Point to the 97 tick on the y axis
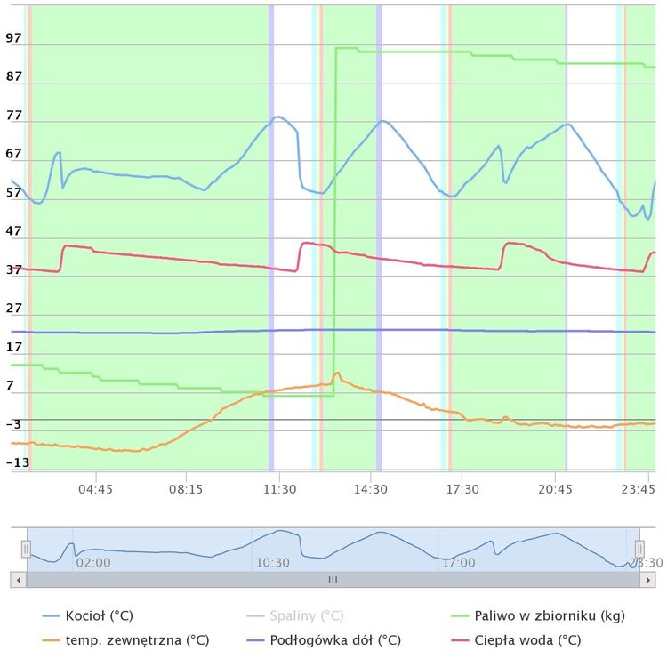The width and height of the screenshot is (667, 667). point(13,39)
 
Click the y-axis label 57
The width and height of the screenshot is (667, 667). point(13,193)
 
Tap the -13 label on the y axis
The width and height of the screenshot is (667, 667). point(17,462)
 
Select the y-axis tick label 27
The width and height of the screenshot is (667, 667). point(13,309)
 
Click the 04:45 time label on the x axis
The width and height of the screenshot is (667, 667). point(95,489)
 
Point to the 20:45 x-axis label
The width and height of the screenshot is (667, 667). point(555,489)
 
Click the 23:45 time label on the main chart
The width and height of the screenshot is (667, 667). point(639,489)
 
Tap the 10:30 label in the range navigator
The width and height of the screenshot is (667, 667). point(272,562)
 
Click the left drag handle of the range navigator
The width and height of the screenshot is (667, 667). point(27,550)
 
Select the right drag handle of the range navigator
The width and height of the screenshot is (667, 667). point(639,550)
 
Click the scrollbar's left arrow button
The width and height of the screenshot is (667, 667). point(18,580)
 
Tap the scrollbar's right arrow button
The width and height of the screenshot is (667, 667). point(648,580)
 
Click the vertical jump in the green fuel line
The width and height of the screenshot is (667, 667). point(335,222)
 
